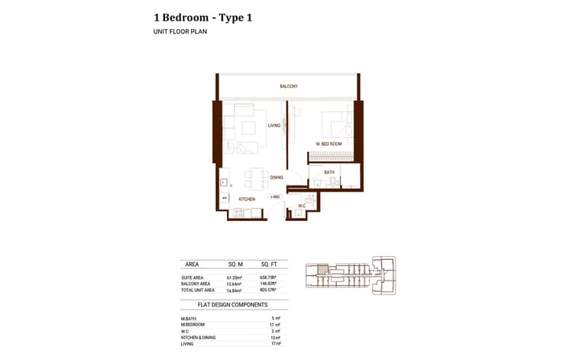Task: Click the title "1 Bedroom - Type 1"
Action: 202,17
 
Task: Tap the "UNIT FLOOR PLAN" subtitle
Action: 180,32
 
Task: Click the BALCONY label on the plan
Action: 288,86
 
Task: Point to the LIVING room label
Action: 274,125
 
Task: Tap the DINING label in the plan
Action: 276,177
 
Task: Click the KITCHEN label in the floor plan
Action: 246,199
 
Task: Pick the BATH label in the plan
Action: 329,173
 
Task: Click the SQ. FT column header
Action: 270,264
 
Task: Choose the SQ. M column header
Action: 235,264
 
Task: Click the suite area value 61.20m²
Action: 235,277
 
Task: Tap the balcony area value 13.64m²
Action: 235,284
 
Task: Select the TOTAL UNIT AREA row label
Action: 199,290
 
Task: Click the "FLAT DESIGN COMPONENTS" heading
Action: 233,304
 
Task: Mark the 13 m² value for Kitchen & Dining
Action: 276,337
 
